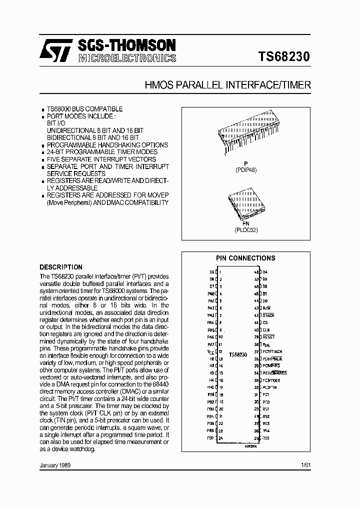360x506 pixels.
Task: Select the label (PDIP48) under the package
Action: [246, 169]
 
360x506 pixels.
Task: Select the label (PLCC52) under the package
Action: [246, 230]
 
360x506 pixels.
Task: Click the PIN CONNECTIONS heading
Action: [245, 258]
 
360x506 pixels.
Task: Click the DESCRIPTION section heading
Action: [61, 267]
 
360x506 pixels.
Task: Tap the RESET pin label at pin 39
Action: [268, 337]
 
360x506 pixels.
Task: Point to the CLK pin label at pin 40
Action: [266, 330]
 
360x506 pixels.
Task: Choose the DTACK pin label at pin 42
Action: [268, 315]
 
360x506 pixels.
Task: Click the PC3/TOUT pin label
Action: [271, 380]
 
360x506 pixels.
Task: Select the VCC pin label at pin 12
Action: [210, 351]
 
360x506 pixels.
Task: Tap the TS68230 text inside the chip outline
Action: [238, 354]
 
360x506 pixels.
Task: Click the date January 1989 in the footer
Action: [55, 465]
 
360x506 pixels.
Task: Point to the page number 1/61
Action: [305, 465]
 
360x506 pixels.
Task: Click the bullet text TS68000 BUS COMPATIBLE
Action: [84, 109]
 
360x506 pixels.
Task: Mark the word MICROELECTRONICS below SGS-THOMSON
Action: [126, 58]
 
